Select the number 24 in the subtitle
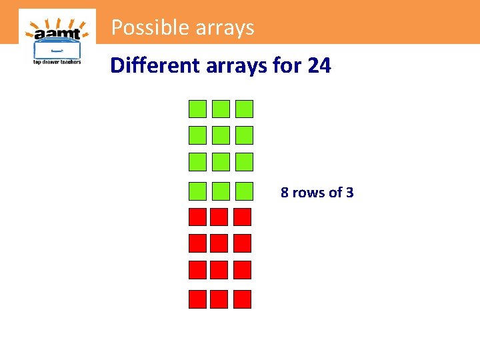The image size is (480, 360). pos(319,65)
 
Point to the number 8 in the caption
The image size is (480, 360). pos(285,193)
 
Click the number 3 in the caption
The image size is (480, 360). pos(349,193)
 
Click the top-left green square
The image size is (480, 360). pos(197,109)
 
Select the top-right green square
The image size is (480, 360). pos(245,109)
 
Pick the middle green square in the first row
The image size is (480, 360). pos(221,109)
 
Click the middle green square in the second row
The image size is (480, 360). pos(221,135)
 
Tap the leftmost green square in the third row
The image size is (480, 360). pos(197,162)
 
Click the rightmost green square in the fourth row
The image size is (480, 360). pos(245,191)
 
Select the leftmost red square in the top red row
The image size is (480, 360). pos(197,217)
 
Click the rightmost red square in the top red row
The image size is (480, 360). pos(242,217)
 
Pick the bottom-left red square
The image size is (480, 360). pos(197,299)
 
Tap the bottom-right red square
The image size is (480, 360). pos(242,299)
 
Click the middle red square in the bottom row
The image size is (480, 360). pos(219,299)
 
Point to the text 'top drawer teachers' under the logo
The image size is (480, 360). pos(57,62)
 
